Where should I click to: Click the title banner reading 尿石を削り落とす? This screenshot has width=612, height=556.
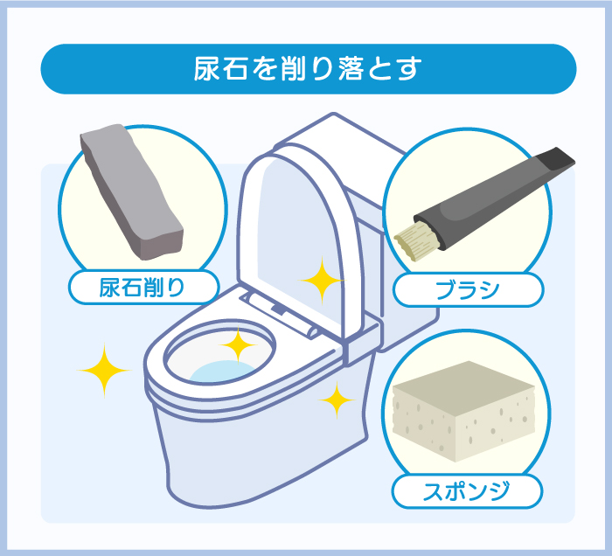(309, 69)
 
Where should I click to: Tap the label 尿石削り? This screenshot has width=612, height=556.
(143, 288)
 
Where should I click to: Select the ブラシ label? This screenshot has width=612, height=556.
(468, 290)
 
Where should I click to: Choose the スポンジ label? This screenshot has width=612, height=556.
(467, 491)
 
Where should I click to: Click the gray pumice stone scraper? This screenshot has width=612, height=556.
(131, 191)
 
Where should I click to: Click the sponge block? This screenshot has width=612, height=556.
(463, 411)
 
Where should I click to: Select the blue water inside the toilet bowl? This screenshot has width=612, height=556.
(223, 371)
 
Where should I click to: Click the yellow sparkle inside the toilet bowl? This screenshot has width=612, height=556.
(237, 345)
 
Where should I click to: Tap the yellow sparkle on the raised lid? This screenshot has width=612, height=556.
(322, 280)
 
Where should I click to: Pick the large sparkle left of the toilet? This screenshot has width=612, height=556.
(104, 371)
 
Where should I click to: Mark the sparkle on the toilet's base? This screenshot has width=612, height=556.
(337, 400)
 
